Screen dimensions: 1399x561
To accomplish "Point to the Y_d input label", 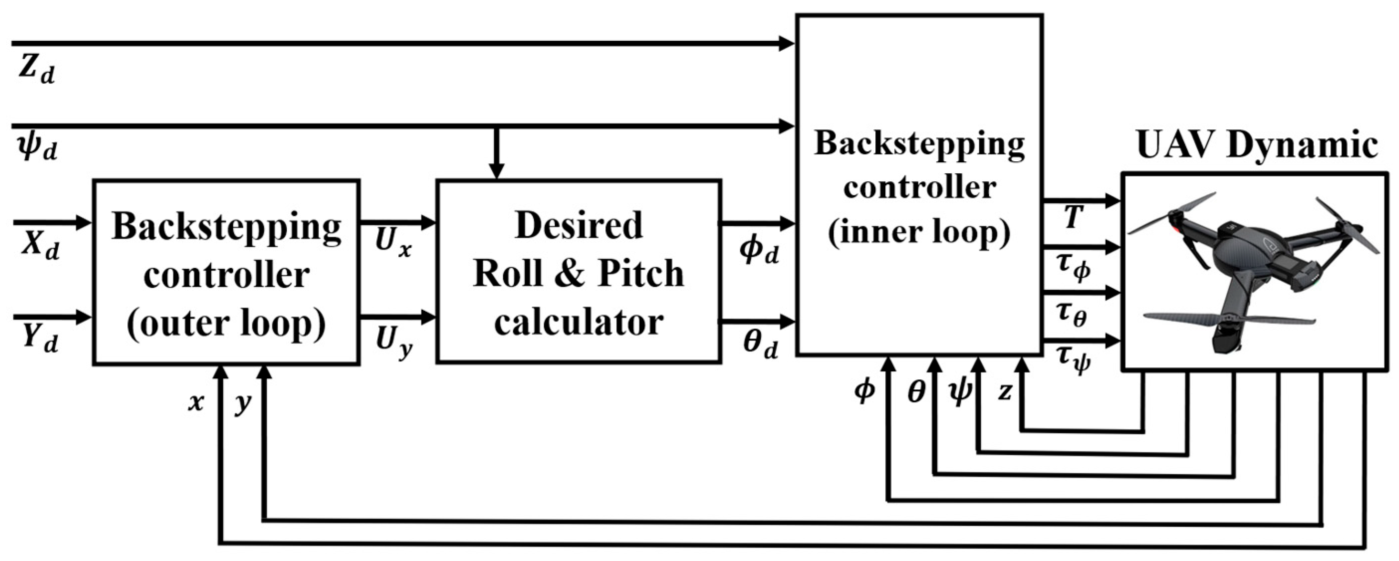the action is click(x=40, y=340).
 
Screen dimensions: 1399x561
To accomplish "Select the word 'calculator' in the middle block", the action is click(x=579, y=322).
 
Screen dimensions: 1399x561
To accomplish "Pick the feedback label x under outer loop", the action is click(x=196, y=402).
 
